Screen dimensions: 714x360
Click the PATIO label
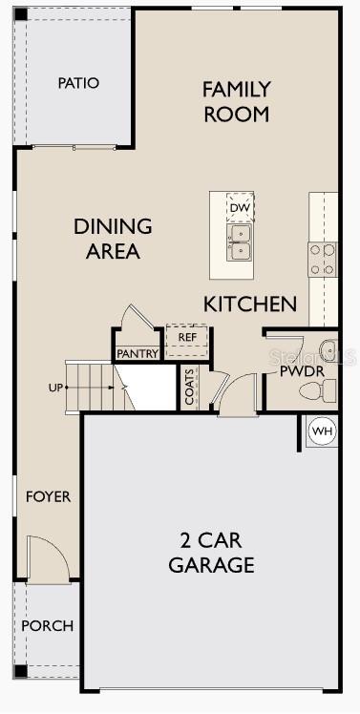point(78,83)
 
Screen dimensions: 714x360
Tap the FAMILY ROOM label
point(236,101)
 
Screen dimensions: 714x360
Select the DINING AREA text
point(113,239)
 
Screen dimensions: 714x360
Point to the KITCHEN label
point(250,304)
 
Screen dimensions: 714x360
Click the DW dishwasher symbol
point(240,207)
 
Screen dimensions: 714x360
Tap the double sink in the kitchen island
point(240,242)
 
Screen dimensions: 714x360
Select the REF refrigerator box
point(187,337)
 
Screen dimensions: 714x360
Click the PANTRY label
point(137,353)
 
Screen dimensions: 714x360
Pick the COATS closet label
point(189,387)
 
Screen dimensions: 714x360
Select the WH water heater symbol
point(323,431)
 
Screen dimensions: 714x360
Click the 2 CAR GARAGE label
point(211,551)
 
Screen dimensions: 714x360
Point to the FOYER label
point(48,496)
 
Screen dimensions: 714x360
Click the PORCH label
point(47,625)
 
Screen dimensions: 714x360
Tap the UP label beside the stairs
point(57,388)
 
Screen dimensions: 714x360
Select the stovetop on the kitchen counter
point(323,259)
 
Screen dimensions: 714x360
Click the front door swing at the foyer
point(46,557)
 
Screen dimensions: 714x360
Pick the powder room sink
point(327,349)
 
